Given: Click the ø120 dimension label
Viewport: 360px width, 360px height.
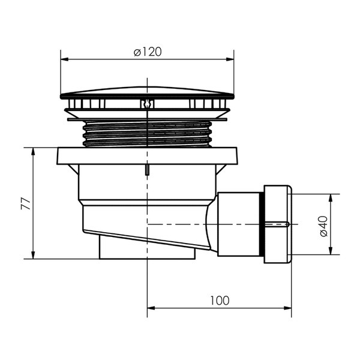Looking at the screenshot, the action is [148, 52].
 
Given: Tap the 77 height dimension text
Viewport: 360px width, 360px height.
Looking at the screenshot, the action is [26, 203].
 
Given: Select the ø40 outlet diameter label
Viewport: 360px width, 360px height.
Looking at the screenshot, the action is [323, 226].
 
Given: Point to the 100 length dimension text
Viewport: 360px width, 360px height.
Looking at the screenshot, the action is [220, 301].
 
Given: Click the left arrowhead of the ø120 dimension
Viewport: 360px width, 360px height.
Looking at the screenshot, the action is [65, 59].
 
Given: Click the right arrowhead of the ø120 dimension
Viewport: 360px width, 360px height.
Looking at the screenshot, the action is [230, 59].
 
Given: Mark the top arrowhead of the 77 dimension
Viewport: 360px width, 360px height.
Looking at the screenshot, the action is [33, 152].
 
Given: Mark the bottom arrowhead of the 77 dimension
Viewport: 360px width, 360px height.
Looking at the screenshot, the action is [33, 255].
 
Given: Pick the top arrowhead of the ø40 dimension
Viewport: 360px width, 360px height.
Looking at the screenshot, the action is [331, 198].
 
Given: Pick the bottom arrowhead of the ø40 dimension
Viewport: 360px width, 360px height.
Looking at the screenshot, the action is [331, 251].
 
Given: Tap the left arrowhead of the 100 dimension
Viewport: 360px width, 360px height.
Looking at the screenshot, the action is [151, 308].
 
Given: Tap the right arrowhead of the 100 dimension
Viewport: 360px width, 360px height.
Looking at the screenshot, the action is [287, 308].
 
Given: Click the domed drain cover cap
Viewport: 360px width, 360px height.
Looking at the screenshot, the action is [147, 93].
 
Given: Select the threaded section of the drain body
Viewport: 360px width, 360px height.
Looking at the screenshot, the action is [147, 134].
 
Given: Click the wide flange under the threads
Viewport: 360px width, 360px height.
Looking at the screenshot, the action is [147, 156].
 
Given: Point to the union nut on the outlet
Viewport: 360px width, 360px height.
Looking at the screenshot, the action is [278, 224].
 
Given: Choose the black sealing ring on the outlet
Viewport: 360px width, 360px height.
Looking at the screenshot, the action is [262, 224].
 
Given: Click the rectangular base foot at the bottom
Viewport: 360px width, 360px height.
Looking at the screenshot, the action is [147, 250].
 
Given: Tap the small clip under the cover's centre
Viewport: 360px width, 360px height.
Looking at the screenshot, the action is [147, 104].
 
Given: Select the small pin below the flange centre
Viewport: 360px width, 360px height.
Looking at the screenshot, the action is [147, 170].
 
